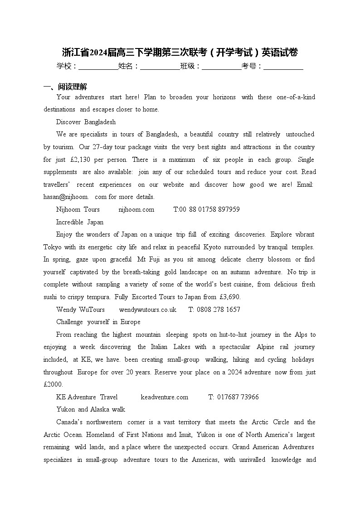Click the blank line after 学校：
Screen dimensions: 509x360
coord(98,67)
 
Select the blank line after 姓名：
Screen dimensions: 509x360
coord(160,67)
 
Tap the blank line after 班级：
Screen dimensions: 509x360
coord(221,67)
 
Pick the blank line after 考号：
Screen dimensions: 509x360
coord(283,67)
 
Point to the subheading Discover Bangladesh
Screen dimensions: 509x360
coord(86,122)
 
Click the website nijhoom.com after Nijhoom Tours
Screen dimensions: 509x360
coord(136,209)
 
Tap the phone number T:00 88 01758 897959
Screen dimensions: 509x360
coord(206,209)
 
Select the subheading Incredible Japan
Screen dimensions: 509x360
coord(80,222)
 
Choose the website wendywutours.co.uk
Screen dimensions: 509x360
coord(147,310)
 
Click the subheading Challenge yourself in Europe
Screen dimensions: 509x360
coord(98,322)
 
